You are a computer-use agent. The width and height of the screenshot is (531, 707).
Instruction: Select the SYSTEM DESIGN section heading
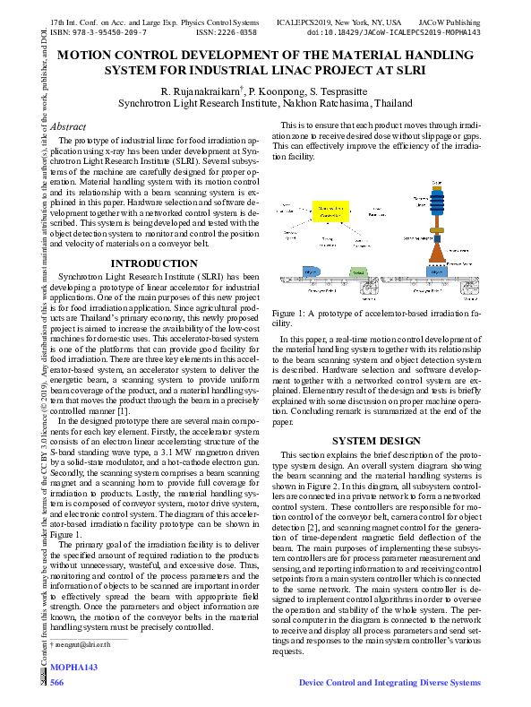click(x=375, y=441)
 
